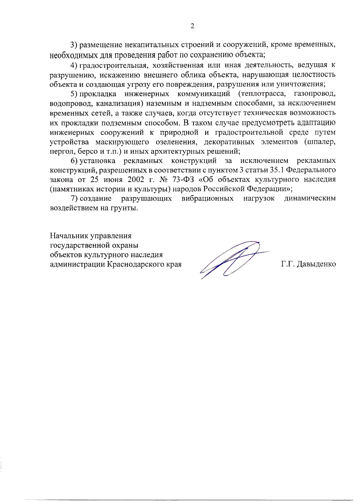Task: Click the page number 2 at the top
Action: pyautogui.click(x=192, y=26)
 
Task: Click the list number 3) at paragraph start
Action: pyautogui.click(x=74, y=45)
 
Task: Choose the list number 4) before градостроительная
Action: pyautogui.click(x=74, y=65)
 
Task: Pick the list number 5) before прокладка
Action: pyautogui.click(x=74, y=94)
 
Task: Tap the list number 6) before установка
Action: pyautogui.click(x=74, y=161)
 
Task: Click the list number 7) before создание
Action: pyautogui.click(x=74, y=198)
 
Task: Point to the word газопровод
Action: pyautogui.click(x=315, y=94)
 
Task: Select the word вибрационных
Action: pyautogui.click(x=207, y=198)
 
